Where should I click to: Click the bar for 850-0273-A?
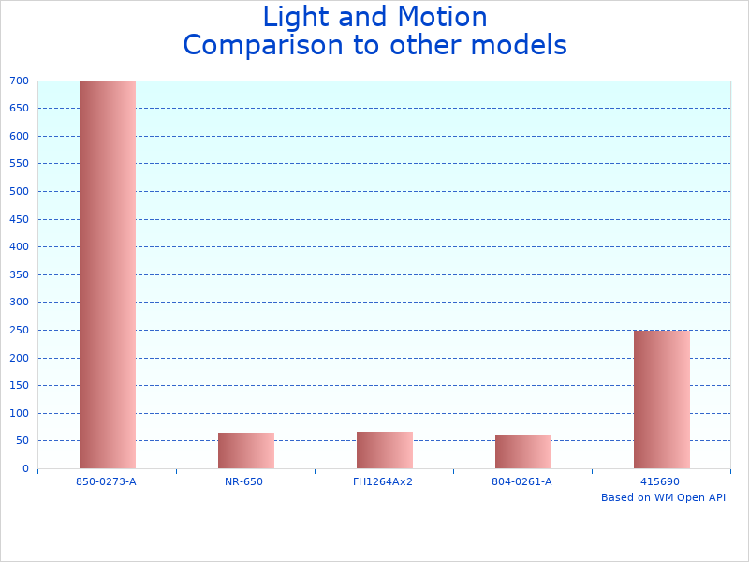[107, 274]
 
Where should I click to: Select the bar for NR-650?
[245, 451]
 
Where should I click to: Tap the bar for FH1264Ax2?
[384, 450]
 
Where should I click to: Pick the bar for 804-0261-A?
[522, 451]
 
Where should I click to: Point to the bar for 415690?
[661, 399]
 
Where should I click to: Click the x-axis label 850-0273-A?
[107, 481]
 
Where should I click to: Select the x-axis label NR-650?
[244, 481]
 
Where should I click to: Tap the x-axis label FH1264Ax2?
[383, 481]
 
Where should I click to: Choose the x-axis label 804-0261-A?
[522, 481]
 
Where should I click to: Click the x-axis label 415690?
[660, 481]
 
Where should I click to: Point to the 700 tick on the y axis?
[20, 81]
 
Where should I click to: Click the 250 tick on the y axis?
[20, 330]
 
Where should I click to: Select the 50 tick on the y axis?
[22, 440]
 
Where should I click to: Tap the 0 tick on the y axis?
[26, 468]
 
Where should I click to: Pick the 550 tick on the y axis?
[20, 164]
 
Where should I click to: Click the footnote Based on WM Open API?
[663, 497]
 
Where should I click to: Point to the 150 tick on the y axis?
[20, 385]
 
